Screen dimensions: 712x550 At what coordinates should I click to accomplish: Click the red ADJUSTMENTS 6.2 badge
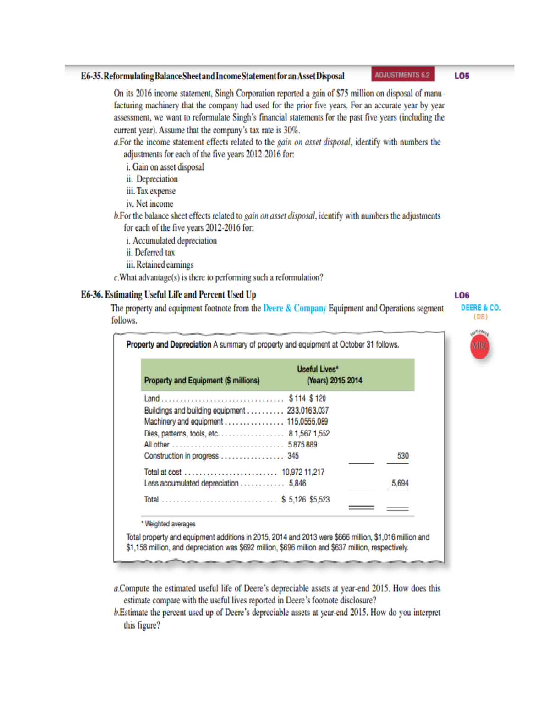pos(402,75)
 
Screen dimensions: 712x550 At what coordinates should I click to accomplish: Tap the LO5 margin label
pos(462,76)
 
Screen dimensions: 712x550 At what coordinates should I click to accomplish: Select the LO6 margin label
pos(462,295)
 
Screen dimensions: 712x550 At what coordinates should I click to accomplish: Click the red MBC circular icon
pos(479,346)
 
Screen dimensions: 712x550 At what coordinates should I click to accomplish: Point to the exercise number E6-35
pos(91,76)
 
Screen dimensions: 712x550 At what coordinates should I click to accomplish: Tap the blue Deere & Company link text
pos(295,308)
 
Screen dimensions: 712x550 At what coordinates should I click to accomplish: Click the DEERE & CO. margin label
pos(480,308)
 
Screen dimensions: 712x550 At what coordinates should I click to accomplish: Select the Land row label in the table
pos(152,398)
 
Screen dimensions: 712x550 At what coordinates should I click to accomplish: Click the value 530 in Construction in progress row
pos(402,456)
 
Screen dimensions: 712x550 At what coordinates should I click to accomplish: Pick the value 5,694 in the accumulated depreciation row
pos(400,483)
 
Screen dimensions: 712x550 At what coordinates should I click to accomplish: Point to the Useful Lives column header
pos(317,369)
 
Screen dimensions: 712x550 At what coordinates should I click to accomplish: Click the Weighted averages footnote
pos(169,524)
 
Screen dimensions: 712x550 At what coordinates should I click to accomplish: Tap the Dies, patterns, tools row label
pos(181,433)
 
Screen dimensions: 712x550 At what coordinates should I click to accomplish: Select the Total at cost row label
pos(163,472)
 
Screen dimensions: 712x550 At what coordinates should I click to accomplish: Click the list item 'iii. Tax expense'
pos(151,191)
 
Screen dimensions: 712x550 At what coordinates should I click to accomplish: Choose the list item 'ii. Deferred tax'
pos(150,253)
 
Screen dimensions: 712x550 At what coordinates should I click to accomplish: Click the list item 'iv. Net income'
pos(150,204)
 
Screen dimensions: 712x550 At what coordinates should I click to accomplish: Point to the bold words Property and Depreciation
pos(168,344)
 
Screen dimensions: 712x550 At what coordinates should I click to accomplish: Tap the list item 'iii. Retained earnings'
pos(160,265)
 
